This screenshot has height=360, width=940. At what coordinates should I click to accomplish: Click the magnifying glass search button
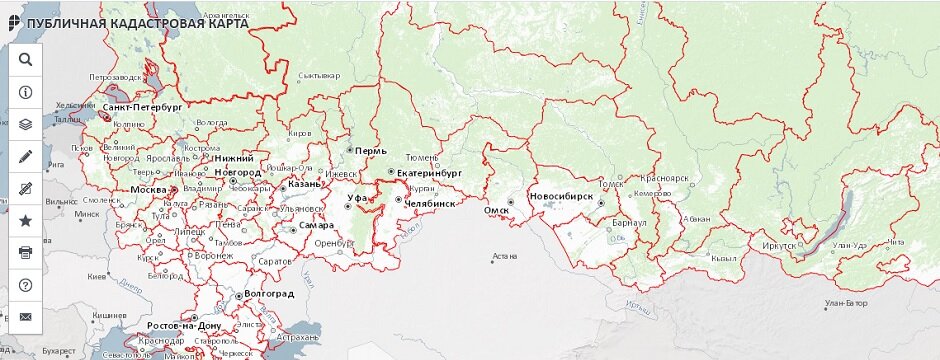[x=26, y=59]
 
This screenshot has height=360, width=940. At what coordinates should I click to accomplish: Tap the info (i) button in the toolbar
[x=26, y=91]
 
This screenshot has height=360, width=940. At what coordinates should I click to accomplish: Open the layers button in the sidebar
[x=26, y=124]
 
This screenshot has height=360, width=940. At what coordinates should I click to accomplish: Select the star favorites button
[x=26, y=220]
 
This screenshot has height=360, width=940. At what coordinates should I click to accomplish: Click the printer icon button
[x=26, y=252]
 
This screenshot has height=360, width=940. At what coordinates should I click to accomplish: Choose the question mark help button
[x=26, y=285]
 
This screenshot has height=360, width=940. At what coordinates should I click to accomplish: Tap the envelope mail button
[x=26, y=317]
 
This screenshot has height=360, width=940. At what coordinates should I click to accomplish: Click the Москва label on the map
[x=148, y=189]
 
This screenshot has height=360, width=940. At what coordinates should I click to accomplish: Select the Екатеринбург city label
[x=428, y=173]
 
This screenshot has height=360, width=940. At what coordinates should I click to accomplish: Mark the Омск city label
[x=497, y=210]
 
